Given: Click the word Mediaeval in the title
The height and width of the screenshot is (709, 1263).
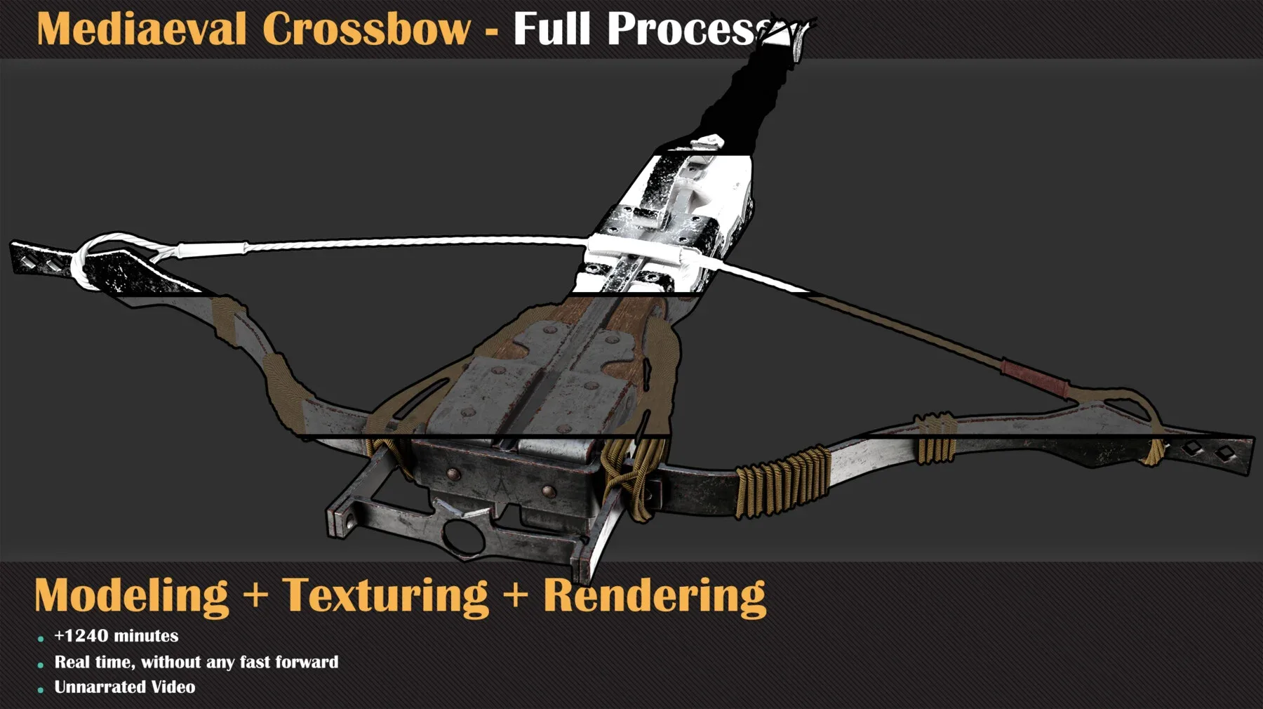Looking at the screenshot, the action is pyautogui.click(x=141, y=29).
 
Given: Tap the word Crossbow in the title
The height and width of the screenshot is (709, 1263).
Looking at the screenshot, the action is pyautogui.click(x=366, y=29).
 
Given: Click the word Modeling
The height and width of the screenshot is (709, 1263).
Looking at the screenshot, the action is pyautogui.click(x=132, y=596).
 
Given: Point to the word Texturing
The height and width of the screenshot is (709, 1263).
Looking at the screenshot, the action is pyautogui.click(x=385, y=596).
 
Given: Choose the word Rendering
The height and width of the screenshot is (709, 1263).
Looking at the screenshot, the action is pyautogui.click(x=654, y=596).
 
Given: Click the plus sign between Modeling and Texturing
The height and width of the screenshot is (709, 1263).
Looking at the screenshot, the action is pyautogui.click(x=256, y=595).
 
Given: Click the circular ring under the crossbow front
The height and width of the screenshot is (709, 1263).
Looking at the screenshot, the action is pyautogui.click(x=461, y=536).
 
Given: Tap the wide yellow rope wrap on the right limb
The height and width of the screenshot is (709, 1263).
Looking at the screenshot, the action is pyautogui.click(x=782, y=481).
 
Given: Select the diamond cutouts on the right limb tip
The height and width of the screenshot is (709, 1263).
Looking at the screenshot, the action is pyautogui.click(x=1208, y=450).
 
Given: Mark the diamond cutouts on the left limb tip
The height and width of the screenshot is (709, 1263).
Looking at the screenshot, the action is pyautogui.click(x=41, y=263).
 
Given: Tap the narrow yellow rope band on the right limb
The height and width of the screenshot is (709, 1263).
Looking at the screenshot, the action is pyautogui.click(x=935, y=439).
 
